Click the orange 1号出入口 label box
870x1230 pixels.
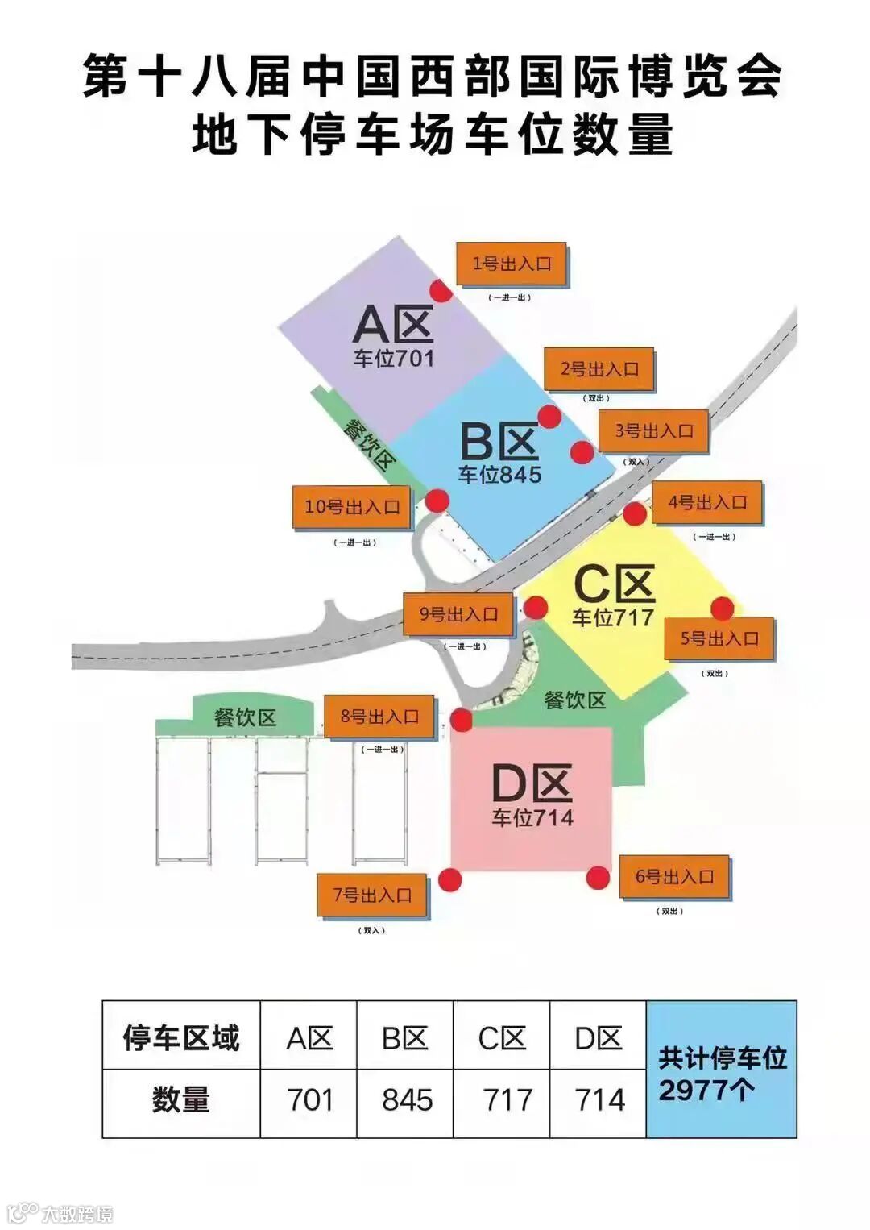(x=512, y=264)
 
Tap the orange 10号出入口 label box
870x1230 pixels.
(x=352, y=508)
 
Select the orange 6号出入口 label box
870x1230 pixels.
(x=675, y=877)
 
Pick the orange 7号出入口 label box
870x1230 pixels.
(x=372, y=895)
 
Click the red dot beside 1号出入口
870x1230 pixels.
(x=440, y=291)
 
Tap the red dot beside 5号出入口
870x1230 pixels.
(x=723, y=609)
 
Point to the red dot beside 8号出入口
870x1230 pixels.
(x=462, y=720)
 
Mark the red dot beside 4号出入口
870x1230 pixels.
(x=635, y=513)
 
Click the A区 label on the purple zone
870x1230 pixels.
(x=393, y=325)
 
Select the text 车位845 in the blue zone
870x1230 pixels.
(x=499, y=475)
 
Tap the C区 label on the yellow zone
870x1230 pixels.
(x=614, y=584)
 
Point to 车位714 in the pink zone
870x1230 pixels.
(x=532, y=818)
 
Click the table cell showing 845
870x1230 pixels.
(x=406, y=1101)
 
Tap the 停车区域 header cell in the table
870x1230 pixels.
(x=181, y=1038)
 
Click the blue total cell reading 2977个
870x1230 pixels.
(x=722, y=1070)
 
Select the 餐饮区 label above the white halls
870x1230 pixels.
(x=245, y=717)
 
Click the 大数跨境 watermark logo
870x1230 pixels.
(x=60, y=1212)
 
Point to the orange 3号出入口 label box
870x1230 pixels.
(x=654, y=431)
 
